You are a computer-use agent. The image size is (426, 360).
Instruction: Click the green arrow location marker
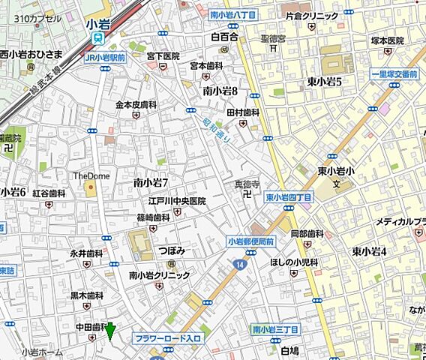click(x=111, y=331)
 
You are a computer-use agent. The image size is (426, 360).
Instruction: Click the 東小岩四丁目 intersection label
click(x=289, y=196)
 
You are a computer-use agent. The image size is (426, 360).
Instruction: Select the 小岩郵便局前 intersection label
click(x=251, y=241)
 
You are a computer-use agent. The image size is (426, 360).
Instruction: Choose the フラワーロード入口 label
click(x=168, y=339)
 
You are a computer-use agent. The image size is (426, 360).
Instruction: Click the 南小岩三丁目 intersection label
click(x=275, y=329)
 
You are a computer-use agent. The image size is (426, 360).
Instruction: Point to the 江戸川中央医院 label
click(x=177, y=201)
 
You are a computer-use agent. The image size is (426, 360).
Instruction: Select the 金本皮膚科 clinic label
click(x=136, y=105)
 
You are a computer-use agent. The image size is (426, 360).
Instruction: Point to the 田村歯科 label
click(x=242, y=112)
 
